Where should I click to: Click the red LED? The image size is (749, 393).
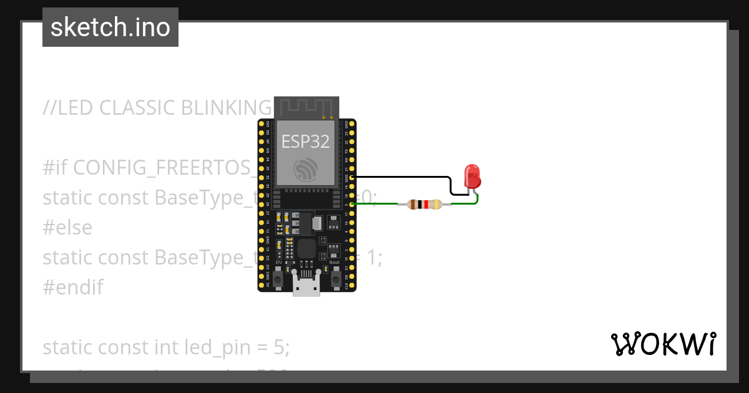pyautogui.click(x=472, y=177)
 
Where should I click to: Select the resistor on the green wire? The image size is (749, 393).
pyautogui.click(x=424, y=204)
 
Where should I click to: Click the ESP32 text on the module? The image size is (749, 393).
pyautogui.click(x=305, y=142)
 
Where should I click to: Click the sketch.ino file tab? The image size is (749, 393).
pyautogui.click(x=110, y=27)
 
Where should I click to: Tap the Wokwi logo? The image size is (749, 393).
pyautogui.click(x=663, y=344)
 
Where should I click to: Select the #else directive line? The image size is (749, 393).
pyautogui.click(x=67, y=228)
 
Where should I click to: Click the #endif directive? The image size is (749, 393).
pyautogui.click(x=72, y=288)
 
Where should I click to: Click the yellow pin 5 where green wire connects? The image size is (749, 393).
pyautogui.click(x=353, y=204)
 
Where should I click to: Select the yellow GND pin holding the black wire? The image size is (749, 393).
pyautogui.click(x=353, y=177)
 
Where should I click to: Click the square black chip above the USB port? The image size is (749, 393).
pyautogui.click(x=306, y=249)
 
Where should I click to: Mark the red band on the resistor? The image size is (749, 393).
pyautogui.click(x=426, y=204)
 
